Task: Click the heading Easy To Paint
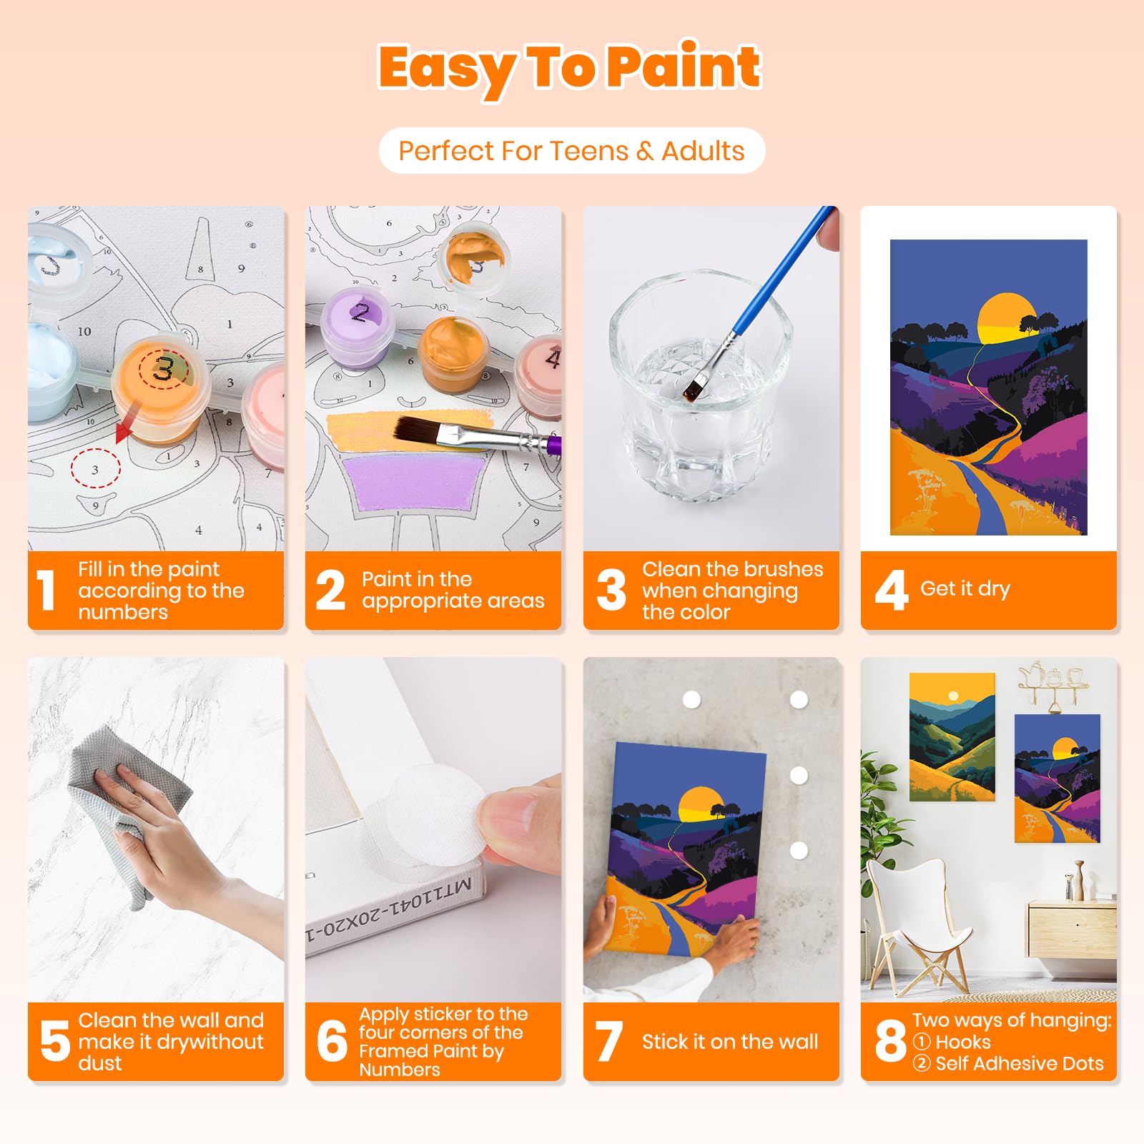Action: point(570,68)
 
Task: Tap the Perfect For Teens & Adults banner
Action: point(571,151)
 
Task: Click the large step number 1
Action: point(47,591)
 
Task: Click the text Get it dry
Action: point(965,589)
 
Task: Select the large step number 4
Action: point(891,591)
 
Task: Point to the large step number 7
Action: point(608,1042)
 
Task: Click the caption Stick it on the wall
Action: point(729,1042)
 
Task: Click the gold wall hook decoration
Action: point(1053,683)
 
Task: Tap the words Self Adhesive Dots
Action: point(1019,1063)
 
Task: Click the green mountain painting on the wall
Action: point(952,736)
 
